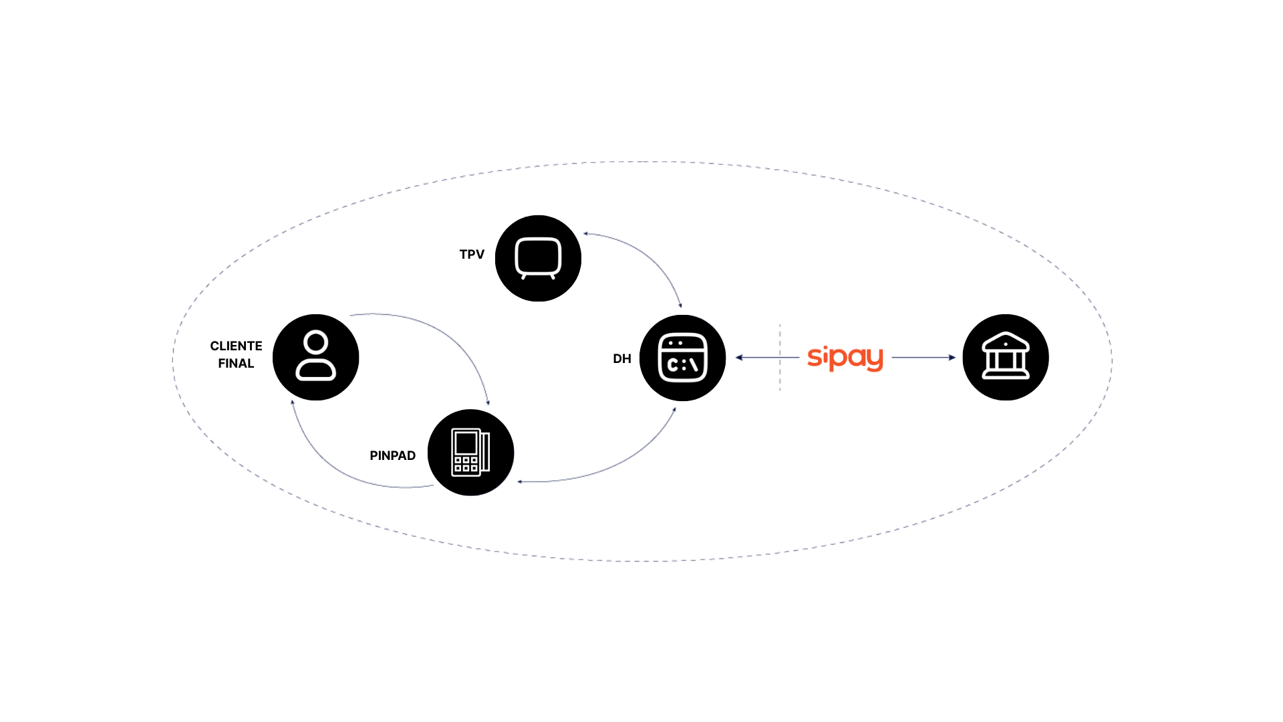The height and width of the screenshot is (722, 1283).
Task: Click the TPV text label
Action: point(472,255)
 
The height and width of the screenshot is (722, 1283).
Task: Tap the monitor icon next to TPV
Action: point(538,258)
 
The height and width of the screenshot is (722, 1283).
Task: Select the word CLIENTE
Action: point(236,346)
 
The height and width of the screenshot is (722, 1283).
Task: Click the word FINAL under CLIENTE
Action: point(236,364)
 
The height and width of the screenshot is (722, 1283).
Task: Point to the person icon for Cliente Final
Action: point(316,358)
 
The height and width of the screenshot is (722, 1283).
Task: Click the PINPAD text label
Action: point(392,456)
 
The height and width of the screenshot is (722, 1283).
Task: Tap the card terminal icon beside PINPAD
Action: point(470,453)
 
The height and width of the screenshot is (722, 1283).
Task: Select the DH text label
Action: point(621,359)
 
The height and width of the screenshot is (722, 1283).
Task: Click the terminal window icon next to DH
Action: point(682,358)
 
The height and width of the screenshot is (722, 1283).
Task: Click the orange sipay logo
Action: point(845,358)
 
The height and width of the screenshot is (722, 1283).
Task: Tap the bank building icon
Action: point(1005,358)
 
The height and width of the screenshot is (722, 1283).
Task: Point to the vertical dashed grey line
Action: point(780,374)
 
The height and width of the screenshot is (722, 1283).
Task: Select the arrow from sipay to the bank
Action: point(923,358)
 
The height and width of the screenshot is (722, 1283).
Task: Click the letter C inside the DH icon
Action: point(673,365)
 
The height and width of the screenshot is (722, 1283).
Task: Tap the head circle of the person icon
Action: point(315,342)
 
